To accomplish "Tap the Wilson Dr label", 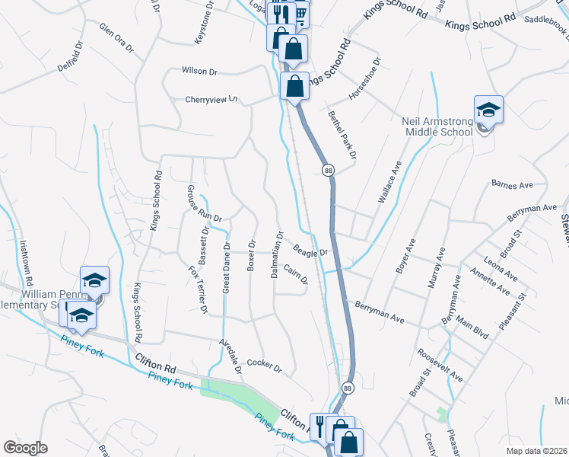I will coord(199,71).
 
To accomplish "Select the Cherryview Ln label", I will coord(211,99).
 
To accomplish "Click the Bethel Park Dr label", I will coord(342,133).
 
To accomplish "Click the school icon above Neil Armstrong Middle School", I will coord(488,110).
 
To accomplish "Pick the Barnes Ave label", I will coord(513,185).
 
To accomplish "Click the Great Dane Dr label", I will coord(226,267).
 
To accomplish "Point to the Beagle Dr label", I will coord(310,251).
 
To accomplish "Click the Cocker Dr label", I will coord(264,366).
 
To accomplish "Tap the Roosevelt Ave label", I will coord(440,366).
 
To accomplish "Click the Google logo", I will coord(25,448).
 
